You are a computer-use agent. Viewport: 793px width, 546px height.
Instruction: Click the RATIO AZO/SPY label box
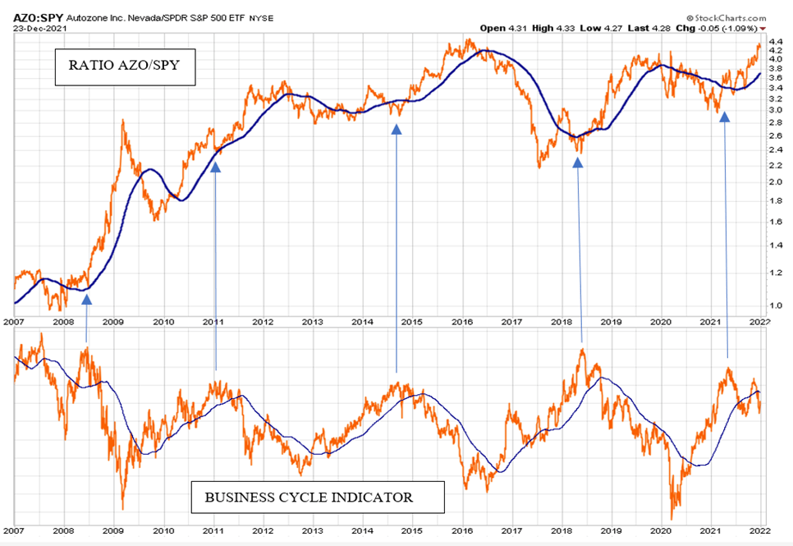click(125, 67)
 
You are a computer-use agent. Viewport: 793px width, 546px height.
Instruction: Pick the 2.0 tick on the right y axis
click(776, 181)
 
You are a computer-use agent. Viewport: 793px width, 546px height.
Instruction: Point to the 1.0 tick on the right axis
click(776, 305)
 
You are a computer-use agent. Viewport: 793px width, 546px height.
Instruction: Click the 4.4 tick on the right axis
click(776, 40)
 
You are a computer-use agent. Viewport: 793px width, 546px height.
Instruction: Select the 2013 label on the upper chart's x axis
click(312, 322)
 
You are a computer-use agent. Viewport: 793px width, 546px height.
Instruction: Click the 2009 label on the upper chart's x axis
click(112, 322)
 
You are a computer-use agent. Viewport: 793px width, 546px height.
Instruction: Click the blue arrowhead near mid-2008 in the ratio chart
click(86, 299)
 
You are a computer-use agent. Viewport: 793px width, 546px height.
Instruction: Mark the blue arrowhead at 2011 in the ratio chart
click(216, 166)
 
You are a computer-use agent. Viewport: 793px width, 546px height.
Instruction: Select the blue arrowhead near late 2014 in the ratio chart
click(396, 128)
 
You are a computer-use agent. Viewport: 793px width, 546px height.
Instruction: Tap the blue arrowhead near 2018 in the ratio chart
click(577, 162)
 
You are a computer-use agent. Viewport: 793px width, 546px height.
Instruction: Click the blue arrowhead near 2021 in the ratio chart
click(724, 117)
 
